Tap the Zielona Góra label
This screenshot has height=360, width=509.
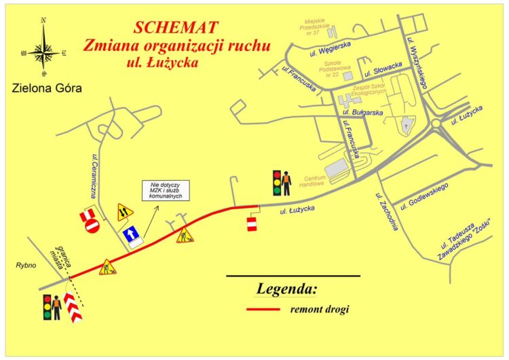pyautogui.click(x=45, y=88)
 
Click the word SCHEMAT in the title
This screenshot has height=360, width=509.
pyautogui.click(x=176, y=28)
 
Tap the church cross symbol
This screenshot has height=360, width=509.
pyautogui.click(x=406, y=126)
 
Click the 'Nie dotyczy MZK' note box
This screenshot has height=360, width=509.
pyautogui.click(x=164, y=191)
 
